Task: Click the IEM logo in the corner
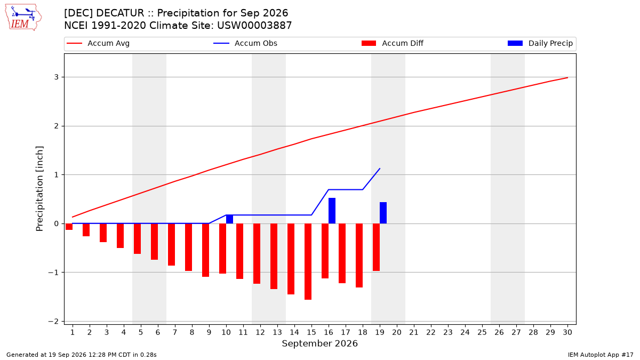click(23, 18)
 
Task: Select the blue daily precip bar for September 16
click(332, 211)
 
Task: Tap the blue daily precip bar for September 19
click(383, 213)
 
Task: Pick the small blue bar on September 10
click(229, 219)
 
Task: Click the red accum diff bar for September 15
click(308, 261)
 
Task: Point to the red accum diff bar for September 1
click(69, 227)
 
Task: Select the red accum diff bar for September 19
click(377, 247)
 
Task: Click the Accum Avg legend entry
click(98, 43)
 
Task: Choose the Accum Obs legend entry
click(245, 43)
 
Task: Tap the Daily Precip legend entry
click(540, 43)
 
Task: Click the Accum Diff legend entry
click(393, 43)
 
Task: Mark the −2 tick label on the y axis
click(53, 322)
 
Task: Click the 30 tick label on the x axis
click(567, 332)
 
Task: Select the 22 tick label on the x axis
click(431, 332)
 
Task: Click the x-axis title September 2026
click(319, 343)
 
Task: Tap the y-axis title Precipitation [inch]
click(39, 189)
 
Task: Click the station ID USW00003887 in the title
click(254, 26)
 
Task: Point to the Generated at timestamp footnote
click(82, 355)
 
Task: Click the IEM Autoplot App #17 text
click(601, 355)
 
